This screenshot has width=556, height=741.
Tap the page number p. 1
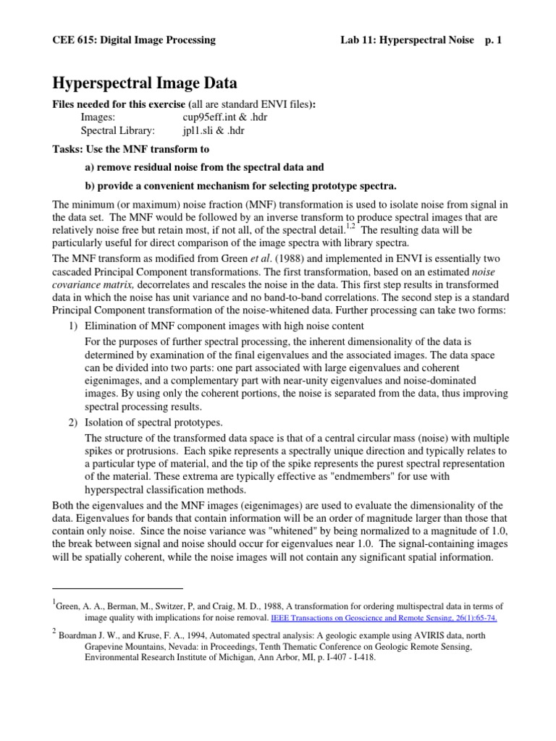click(x=494, y=40)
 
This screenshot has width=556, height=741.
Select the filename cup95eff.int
click(x=211, y=117)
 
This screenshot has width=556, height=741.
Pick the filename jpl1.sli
click(x=202, y=130)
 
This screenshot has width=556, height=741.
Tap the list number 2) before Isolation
click(x=72, y=422)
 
